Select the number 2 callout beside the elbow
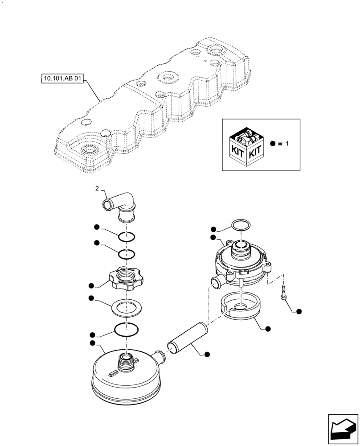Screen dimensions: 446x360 coord(97,189)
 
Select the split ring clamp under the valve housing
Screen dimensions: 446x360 coord(240,308)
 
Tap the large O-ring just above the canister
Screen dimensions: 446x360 coord(126,330)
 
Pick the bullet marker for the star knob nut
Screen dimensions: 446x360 coord(91,285)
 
